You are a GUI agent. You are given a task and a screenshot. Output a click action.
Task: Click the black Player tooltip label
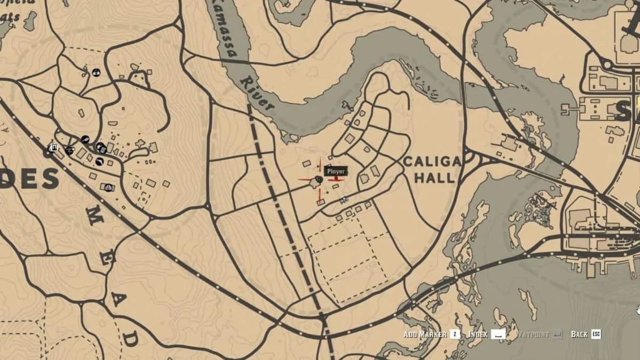[336, 171]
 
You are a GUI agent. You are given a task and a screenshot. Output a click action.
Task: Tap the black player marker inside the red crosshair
[318, 181]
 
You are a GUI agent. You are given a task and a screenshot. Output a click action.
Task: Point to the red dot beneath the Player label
[336, 179]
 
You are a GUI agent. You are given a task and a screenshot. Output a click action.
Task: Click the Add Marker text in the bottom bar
[425, 334]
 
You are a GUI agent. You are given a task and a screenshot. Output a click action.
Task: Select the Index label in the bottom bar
[478, 334]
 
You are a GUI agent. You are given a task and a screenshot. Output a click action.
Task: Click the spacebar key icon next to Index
[498, 334]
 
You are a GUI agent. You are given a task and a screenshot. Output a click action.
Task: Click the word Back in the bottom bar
[579, 334]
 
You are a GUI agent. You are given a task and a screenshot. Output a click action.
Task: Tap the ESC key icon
[596, 334]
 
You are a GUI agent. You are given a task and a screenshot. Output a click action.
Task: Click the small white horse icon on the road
[344, 200]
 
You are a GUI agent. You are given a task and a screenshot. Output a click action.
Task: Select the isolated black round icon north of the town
[97, 71]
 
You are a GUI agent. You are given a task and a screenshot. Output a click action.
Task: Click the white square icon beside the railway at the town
[53, 147]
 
